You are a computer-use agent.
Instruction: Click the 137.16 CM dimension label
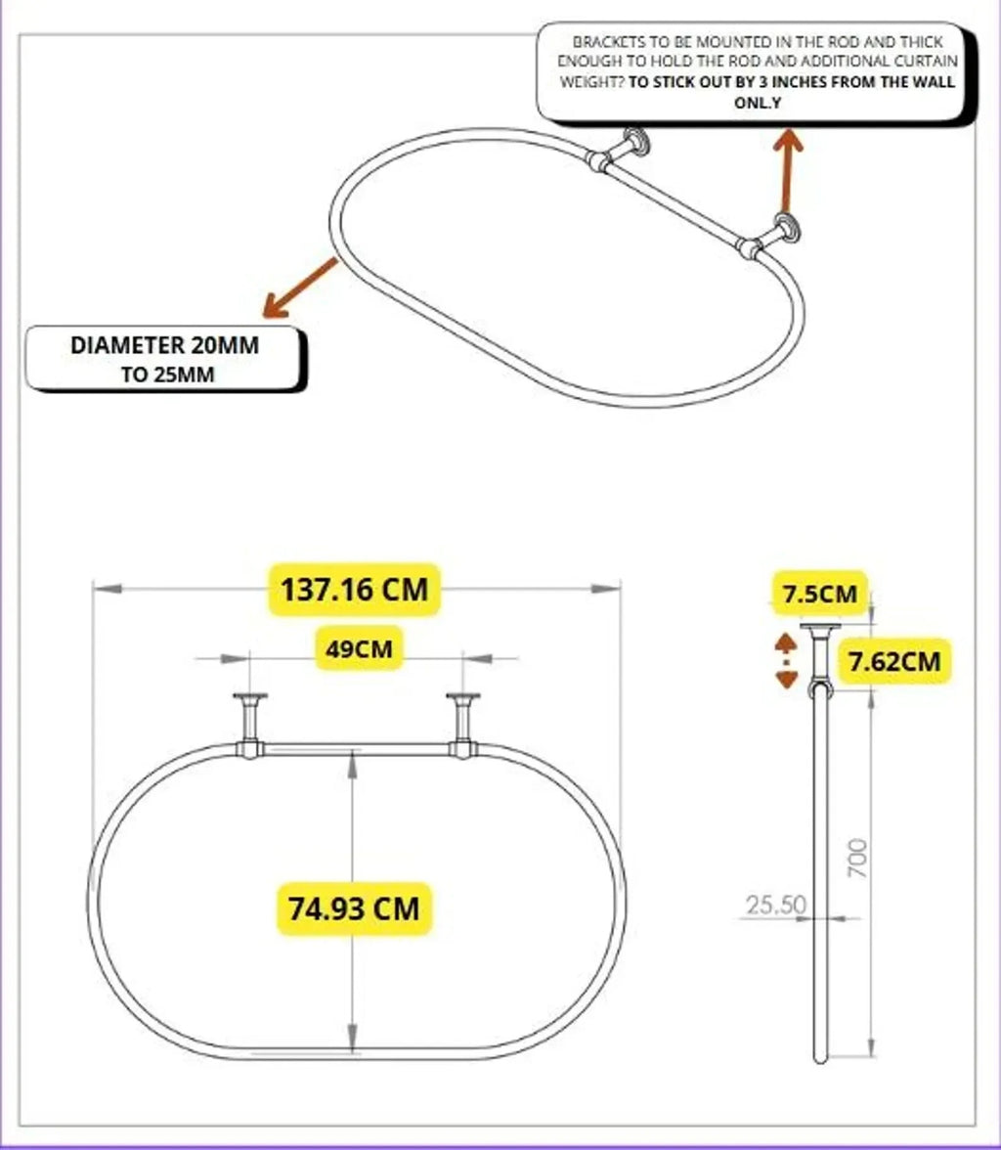pos(354,590)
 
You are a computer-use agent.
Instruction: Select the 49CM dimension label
pos(359,648)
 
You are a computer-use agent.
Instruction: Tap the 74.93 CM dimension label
pos(354,908)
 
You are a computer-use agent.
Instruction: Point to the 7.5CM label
pos(820,593)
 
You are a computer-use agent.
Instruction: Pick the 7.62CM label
pos(893,661)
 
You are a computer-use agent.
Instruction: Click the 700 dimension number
pos(857,859)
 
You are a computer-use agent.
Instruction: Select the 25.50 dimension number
pos(776,905)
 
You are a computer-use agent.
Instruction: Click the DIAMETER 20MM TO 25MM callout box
pos(165,360)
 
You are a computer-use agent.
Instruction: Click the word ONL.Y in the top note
pos(758,103)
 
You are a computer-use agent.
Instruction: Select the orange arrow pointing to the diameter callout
pos(301,287)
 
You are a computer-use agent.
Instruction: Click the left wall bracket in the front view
pos(250,726)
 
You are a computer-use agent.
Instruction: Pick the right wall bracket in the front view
pos(463,726)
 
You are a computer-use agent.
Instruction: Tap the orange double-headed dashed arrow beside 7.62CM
pos(786,661)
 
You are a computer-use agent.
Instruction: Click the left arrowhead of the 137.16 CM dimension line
pos(108,589)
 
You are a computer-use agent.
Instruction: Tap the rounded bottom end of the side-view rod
pos(820,1058)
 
